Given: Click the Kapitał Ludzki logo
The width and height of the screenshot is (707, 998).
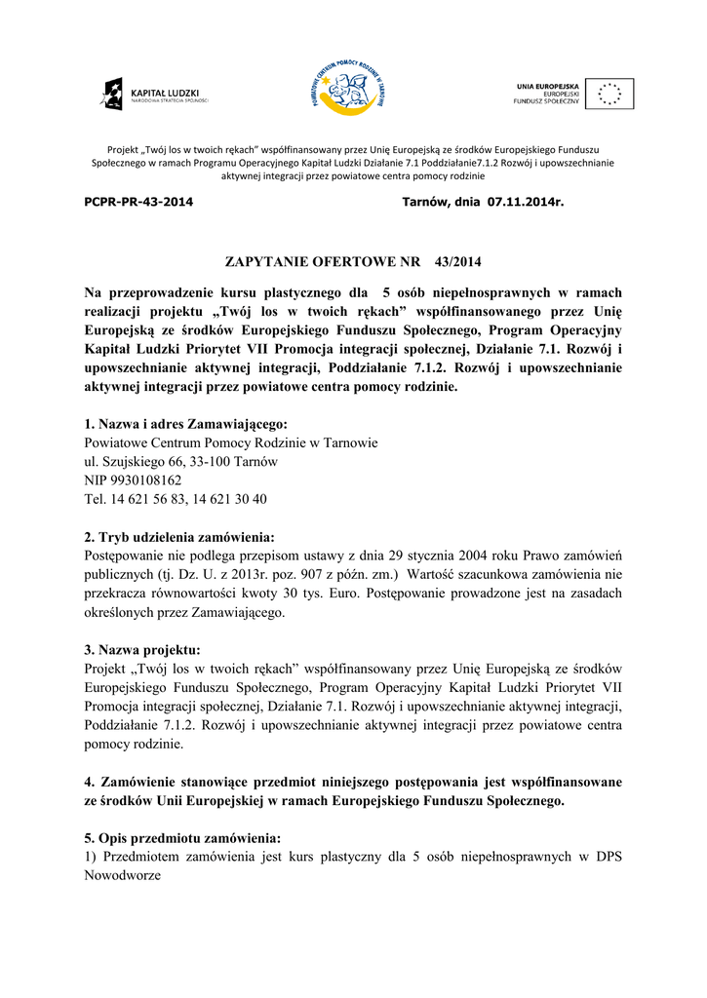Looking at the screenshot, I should pos(154,95).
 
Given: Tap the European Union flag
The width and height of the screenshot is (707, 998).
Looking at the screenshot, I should pos(609,94).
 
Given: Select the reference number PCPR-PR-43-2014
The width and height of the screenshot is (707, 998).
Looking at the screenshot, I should pos(138,203).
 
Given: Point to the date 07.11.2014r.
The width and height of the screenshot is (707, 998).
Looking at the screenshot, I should pos(526,203).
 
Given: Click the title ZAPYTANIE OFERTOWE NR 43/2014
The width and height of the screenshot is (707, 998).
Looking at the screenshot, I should pos(353,262).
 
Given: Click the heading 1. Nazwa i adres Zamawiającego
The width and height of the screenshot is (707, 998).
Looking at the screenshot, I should pos(186,424).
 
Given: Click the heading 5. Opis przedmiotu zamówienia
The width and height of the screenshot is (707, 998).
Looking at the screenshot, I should pos(182,838).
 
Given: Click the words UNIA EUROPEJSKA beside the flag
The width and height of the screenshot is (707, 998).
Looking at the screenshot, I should pos(547,87).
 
